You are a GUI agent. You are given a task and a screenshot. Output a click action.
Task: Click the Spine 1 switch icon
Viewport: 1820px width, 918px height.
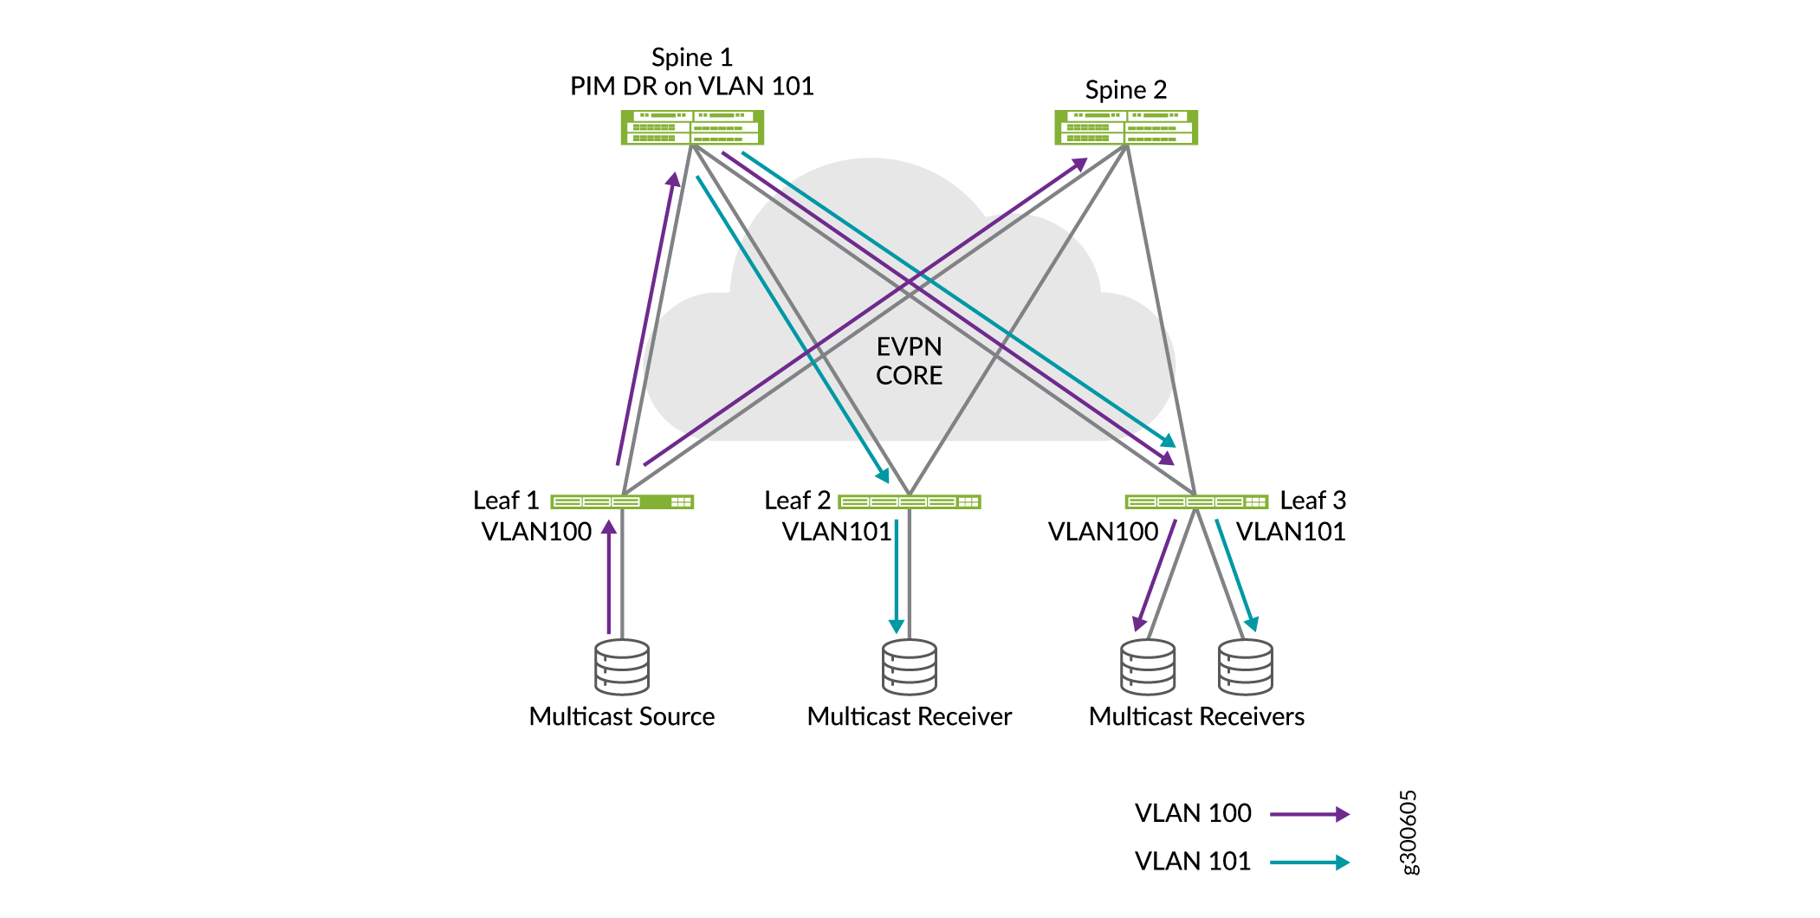tap(692, 127)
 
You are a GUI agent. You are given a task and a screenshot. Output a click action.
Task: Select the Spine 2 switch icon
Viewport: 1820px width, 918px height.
tap(1125, 127)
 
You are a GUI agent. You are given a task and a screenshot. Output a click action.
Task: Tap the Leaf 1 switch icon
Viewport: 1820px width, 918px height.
tap(622, 501)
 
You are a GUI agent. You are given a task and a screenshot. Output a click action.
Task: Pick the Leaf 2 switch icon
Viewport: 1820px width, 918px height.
tap(910, 501)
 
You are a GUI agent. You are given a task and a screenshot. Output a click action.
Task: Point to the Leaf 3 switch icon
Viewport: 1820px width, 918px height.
tap(1196, 501)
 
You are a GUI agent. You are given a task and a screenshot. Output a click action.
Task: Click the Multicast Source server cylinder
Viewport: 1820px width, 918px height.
tap(622, 667)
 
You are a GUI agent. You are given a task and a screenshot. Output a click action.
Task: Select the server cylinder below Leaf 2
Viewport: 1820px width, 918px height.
tap(910, 667)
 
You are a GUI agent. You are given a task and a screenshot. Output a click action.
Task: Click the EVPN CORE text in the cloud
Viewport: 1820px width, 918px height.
tap(909, 361)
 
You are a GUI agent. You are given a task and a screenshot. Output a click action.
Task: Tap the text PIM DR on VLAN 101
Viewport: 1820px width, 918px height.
tap(691, 87)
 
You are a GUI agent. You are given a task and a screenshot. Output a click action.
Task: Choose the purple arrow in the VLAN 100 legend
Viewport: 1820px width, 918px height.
tap(1309, 814)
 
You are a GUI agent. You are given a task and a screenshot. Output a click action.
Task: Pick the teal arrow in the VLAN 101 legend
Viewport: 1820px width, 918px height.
tap(1309, 862)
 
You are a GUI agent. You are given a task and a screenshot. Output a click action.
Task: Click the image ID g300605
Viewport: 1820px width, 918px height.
tap(1409, 832)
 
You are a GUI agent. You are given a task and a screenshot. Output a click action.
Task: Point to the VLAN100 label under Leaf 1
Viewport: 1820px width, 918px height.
tap(536, 532)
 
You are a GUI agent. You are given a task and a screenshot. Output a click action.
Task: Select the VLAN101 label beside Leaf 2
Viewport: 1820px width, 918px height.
tap(837, 532)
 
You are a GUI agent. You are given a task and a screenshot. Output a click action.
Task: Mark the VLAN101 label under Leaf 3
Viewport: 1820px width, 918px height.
tap(1291, 532)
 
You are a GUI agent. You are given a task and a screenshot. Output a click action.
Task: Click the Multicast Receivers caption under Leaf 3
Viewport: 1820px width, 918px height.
tap(1196, 717)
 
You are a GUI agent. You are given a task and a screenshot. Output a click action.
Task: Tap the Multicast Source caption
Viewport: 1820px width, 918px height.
tap(622, 717)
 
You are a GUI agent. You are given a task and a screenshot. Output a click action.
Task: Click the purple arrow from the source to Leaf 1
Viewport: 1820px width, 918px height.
tap(609, 577)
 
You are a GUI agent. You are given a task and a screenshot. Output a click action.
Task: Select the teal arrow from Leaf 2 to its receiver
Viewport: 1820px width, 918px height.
tap(897, 576)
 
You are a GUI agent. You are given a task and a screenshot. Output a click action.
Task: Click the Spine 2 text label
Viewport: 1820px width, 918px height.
tap(1125, 90)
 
